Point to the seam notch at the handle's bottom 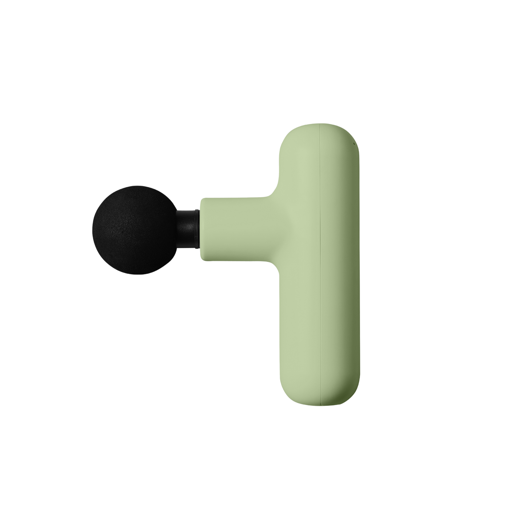pyautogui.click(x=321, y=404)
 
